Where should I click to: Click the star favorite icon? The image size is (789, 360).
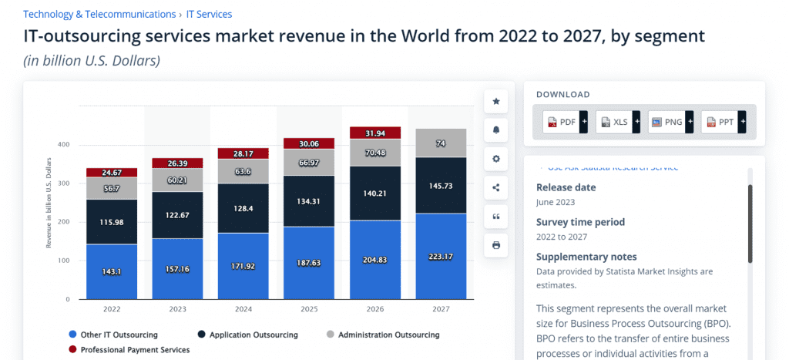(496, 101)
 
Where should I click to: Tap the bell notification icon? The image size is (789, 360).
(496, 130)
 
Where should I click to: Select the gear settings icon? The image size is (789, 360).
(496, 159)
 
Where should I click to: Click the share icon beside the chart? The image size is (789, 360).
(496, 187)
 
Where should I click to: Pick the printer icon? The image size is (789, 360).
(496, 245)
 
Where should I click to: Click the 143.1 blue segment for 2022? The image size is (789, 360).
(112, 271)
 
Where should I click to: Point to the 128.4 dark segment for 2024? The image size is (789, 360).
(243, 208)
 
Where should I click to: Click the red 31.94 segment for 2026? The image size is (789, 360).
(376, 133)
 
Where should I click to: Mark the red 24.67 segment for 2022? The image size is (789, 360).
(112, 172)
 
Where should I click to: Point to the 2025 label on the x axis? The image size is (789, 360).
(310, 309)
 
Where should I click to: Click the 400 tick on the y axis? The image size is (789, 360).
(62, 145)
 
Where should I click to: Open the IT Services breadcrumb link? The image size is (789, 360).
(209, 14)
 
